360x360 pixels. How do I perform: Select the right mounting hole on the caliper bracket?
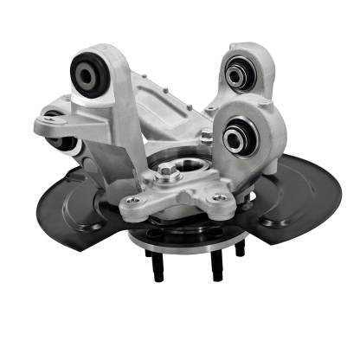220,198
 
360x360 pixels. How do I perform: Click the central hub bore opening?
182,164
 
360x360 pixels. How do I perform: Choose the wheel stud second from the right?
215,266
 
